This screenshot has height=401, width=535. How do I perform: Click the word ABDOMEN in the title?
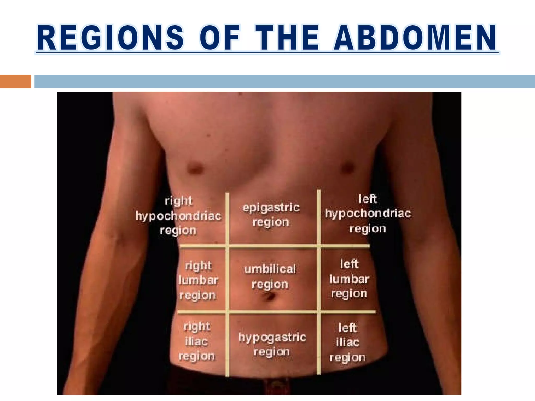(415, 38)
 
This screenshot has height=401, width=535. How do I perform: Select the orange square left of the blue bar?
(15, 81)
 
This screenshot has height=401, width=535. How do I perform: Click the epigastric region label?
(271, 215)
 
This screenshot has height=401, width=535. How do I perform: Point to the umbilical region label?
(270, 276)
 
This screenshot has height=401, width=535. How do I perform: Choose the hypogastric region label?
(272, 344)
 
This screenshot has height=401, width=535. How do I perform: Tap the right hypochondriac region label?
(178, 216)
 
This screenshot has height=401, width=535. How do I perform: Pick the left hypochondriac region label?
(368, 214)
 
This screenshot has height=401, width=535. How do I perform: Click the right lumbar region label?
(198, 280)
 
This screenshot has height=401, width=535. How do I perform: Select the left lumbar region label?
(349, 279)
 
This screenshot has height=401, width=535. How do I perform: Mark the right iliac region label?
(196, 341)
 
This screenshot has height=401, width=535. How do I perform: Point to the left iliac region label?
(347, 343)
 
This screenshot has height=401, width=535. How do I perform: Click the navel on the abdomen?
(270, 297)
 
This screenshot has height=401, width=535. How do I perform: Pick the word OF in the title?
(220, 38)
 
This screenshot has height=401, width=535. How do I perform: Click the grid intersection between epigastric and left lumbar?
(319, 246)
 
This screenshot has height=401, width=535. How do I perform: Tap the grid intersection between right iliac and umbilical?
(227, 312)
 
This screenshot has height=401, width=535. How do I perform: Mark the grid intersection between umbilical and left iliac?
(319, 312)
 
